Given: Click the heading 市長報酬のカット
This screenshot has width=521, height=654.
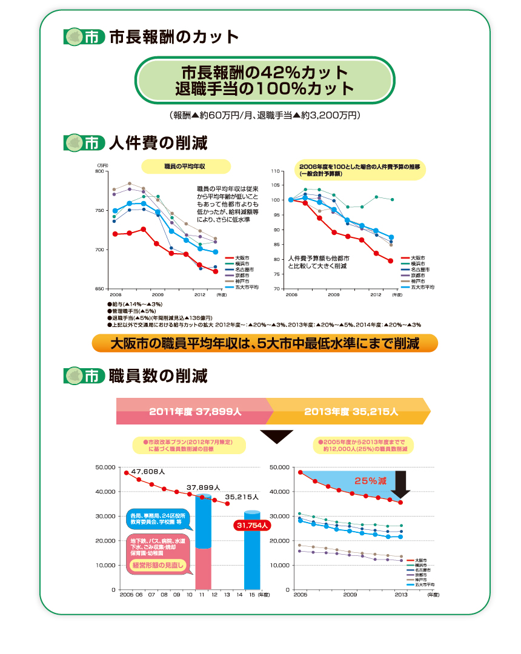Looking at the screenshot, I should [173, 38].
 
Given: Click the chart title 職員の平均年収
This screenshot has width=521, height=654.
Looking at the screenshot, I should [185, 165].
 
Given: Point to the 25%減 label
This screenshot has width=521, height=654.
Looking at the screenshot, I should [370, 481].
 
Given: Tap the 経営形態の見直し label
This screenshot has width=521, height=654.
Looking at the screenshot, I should [157, 566].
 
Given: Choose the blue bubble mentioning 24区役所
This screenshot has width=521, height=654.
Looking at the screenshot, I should [158, 519].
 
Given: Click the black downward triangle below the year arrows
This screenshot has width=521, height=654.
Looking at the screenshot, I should [276, 437].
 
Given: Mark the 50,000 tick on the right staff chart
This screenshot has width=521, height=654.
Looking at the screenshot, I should [282, 467].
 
